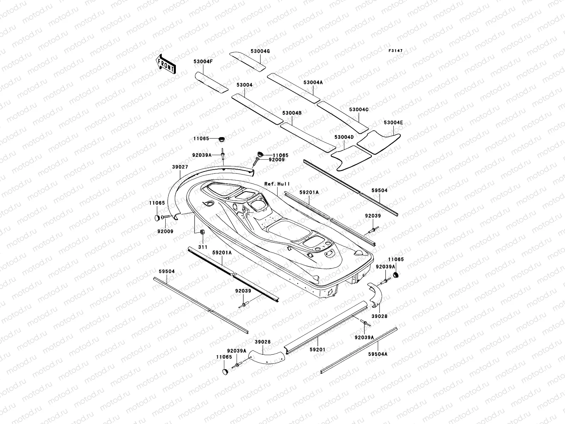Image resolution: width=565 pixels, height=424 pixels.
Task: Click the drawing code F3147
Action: coord(395,51)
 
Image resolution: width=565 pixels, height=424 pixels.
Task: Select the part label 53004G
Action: coord(260,51)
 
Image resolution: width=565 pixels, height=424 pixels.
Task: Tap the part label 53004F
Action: coord(203,61)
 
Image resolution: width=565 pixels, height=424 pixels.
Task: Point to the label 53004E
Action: coord(393,123)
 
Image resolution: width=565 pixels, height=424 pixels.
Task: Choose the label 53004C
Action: coord(358,110)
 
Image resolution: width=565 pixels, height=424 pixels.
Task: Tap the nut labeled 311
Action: coord(203,232)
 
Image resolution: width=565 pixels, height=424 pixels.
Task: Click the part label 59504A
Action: coord(377,354)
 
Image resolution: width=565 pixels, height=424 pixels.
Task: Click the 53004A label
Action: coord(313,82)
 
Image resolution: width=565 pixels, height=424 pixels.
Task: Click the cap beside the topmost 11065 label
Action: coord(222,139)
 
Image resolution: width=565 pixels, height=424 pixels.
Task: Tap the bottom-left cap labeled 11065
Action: coord(225,371)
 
